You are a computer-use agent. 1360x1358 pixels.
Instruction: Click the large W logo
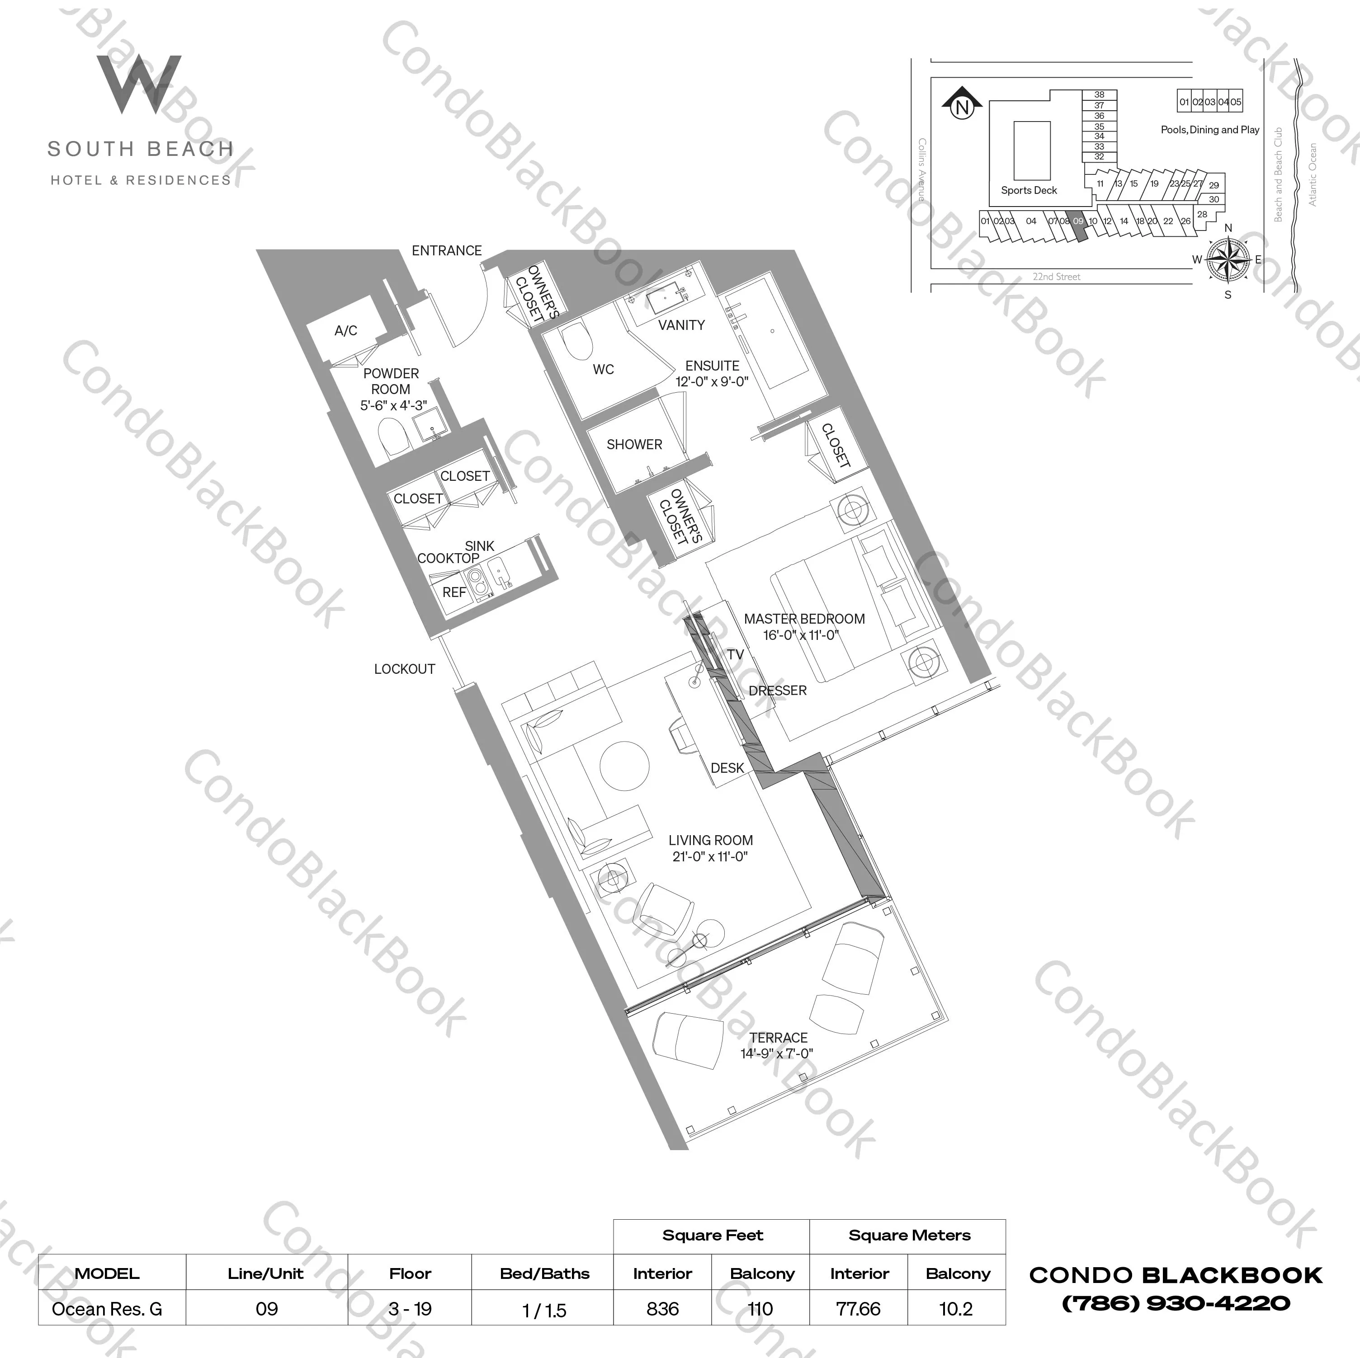pyautogui.click(x=139, y=85)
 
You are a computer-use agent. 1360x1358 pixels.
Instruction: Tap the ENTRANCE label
pyautogui.click(x=446, y=250)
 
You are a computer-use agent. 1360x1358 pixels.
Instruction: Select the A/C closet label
pyautogui.click(x=345, y=331)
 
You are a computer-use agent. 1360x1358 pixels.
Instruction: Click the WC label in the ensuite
pyautogui.click(x=603, y=369)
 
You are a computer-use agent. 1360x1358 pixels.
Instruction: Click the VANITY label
pyautogui.click(x=681, y=325)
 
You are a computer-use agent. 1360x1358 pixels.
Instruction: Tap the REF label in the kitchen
pyautogui.click(x=454, y=592)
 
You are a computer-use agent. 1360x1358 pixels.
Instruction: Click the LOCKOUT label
pyautogui.click(x=404, y=669)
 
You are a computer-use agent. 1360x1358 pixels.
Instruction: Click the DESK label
pyautogui.click(x=727, y=768)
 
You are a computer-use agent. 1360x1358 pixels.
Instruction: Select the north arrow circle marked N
pyautogui.click(x=962, y=108)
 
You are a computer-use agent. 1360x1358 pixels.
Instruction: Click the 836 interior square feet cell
pyautogui.click(x=662, y=1309)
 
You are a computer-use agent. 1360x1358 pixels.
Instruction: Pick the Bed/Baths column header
pyautogui.click(x=544, y=1273)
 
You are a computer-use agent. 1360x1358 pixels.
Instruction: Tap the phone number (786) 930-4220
pyautogui.click(x=1176, y=1304)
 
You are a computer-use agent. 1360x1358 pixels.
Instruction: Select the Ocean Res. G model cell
pyautogui.click(x=107, y=1309)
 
